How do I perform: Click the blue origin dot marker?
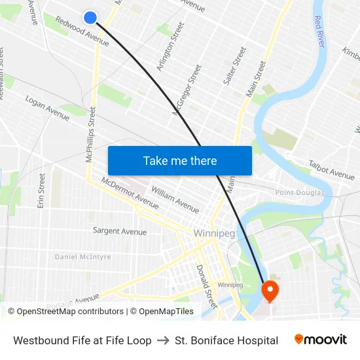pyautogui.click(x=90, y=18)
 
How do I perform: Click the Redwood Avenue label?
pyautogui.click(x=82, y=31)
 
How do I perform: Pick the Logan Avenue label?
pyautogui.click(x=47, y=107)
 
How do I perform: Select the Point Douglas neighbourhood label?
pyautogui.click(x=300, y=192)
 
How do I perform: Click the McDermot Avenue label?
pyautogui.click(x=130, y=192)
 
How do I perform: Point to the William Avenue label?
pyautogui.click(x=175, y=199)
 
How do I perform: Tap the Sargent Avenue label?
pyautogui.click(x=120, y=231)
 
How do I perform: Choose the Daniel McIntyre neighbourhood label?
pyautogui.click(x=82, y=257)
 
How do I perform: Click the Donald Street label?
pyautogui.click(x=207, y=285)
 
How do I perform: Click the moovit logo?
pyautogui.click(x=320, y=340)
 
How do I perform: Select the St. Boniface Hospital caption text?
pyautogui.click(x=226, y=340)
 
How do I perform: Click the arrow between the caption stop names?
pyautogui.click(x=163, y=340)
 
